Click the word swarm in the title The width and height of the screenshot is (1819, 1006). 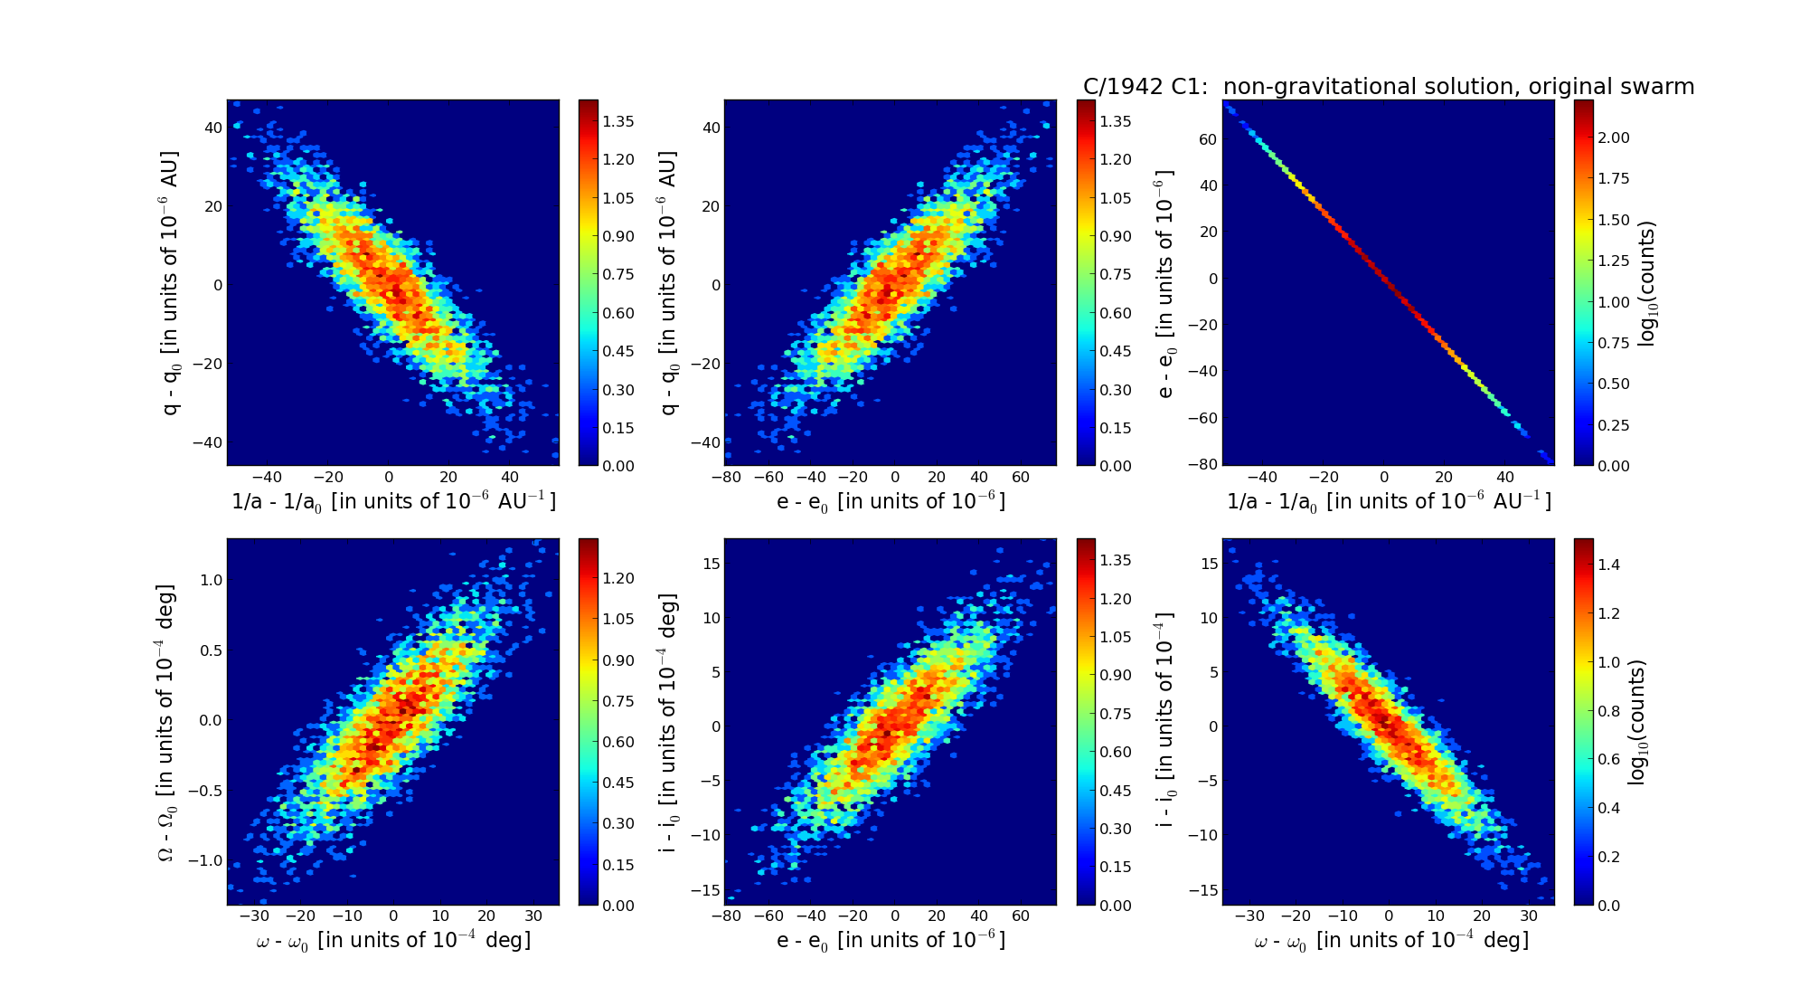tap(1658, 87)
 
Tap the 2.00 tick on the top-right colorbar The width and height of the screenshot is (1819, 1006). tap(1614, 138)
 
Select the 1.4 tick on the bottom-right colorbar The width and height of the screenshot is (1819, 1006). tap(1608, 565)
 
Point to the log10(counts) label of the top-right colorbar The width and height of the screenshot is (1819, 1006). tap(1647, 283)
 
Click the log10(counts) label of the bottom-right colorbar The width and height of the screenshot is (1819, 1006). tap(1636, 722)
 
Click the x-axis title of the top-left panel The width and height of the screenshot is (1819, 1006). tap(393, 502)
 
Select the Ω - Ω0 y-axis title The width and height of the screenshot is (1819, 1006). tap(167, 722)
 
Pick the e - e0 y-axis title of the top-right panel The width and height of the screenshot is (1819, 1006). tap(1165, 283)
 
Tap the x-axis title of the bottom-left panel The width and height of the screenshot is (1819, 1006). tap(393, 941)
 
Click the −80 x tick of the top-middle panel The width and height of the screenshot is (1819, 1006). tap(726, 478)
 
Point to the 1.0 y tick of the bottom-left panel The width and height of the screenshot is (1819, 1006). tap(211, 580)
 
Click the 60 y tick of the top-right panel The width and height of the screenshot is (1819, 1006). tap(1208, 139)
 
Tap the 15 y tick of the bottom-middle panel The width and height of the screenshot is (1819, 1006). tap(711, 564)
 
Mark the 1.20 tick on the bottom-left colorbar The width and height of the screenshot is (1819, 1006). tap(618, 578)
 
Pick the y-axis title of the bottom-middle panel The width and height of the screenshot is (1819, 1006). tap(667, 722)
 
